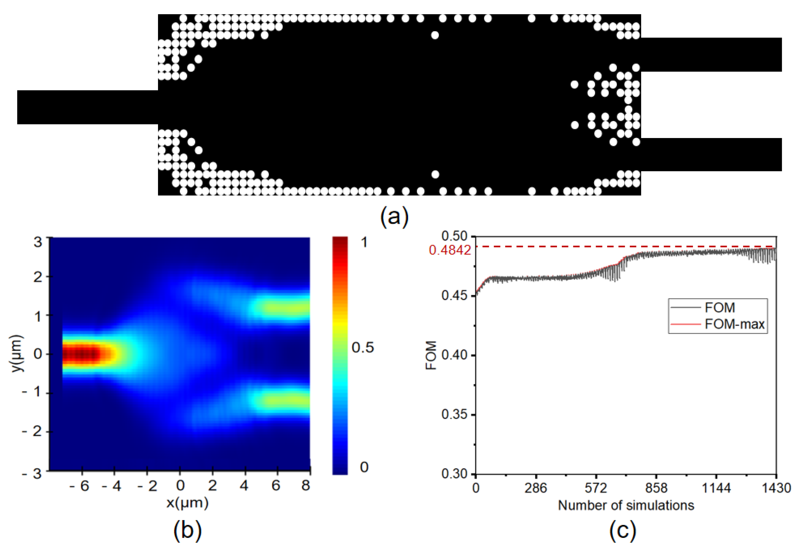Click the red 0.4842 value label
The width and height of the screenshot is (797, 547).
450,250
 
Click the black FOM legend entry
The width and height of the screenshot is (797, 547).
720,308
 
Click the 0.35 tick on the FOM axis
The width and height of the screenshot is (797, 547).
454,414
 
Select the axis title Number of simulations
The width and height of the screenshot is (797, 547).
626,505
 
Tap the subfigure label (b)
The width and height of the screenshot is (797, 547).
187,530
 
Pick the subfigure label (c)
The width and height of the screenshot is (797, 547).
622,530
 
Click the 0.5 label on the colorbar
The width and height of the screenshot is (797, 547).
363,348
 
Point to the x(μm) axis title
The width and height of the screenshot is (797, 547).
187,503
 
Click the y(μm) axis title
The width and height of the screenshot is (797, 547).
17,353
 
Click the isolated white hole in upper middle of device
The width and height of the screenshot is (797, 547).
435,35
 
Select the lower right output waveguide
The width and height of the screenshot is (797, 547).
710,154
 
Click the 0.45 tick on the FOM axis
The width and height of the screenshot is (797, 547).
454,295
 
